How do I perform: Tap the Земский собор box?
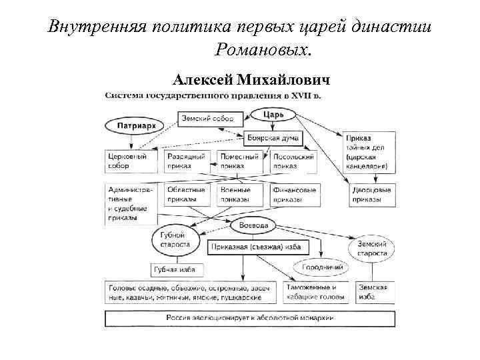tap(207, 118)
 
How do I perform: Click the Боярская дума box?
tap(264, 139)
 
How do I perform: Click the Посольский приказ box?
tap(293, 161)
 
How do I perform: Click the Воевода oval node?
tap(254, 225)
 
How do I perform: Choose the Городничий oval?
tap(323, 267)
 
